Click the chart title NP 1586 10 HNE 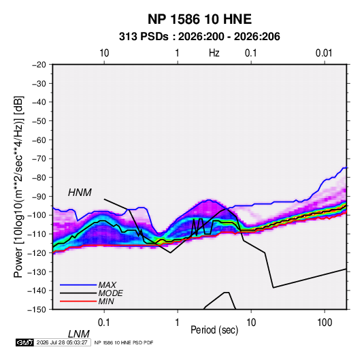[x=199, y=19]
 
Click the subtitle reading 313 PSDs [x=144, y=37]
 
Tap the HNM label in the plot [x=80, y=193]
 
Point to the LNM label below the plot [x=79, y=334]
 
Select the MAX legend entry [x=107, y=285]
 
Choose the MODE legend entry [x=110, y=293]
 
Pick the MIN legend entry [x=106, y=301]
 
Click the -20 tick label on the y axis [x=39, y=65]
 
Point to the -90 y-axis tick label [x=39, y=197]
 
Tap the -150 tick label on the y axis [x=37, y=310]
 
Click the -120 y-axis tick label [x=37, y=253]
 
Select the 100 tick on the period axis [x=325, y=323]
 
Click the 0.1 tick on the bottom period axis [x=104, y=323]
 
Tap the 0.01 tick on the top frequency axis [x=324, y=53]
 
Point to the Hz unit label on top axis [x=214, y=53]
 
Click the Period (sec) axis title [x=214, y=330]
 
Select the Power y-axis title [x=18, y=187]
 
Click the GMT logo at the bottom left [x=25, y=342]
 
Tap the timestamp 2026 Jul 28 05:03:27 [x=62, y=342]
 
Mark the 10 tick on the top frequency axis [x=104, y=53]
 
